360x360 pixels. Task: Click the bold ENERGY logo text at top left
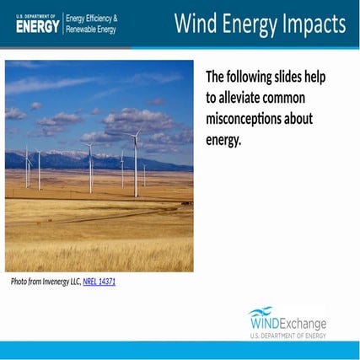point(38,27)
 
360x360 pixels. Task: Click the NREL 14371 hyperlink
point(99,282)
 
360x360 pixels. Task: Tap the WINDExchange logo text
point(288,323)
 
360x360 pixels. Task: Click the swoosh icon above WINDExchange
point(261,311)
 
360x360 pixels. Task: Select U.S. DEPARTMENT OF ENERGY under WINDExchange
point(287,336)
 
